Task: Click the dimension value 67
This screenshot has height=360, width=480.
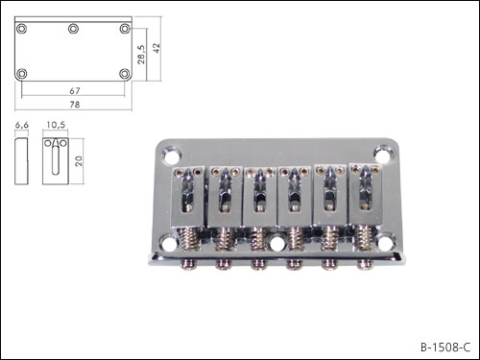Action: click(75, 91)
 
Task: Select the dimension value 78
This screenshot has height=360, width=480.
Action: click(75, 105)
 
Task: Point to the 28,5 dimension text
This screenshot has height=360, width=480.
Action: click(141, 55)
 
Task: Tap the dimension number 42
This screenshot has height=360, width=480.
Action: click(156, 48)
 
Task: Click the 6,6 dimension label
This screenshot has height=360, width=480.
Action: click(22, 125)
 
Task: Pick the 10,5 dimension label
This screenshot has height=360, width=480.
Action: click(56, 125)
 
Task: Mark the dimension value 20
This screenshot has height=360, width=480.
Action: click(79, 161)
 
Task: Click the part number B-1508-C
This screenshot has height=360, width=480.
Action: click(445, 348)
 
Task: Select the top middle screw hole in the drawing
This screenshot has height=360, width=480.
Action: click(73, 29)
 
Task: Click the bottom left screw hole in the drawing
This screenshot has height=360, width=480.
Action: click(22, 74)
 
